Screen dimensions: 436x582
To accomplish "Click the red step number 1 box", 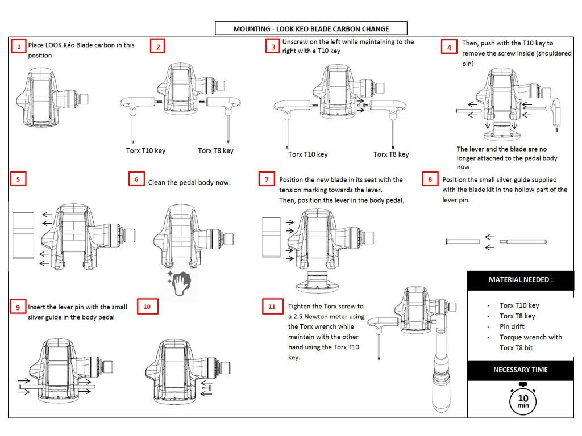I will [x=19, y=47].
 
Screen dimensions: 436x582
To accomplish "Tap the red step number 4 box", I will [x=449, y=48].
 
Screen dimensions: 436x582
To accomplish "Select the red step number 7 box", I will [x=266, y=179].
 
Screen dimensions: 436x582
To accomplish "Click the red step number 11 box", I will [x=272, y=307].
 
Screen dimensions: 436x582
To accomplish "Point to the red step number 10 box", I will [x=147, y=307].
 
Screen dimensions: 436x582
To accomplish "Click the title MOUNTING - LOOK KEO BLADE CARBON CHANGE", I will [x=310, y=28].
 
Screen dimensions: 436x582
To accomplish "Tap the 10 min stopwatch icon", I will [x=523, y=400].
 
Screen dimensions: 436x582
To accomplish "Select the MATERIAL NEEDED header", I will [x=521, y=280].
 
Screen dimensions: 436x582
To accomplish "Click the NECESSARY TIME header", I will [x=521, y=370].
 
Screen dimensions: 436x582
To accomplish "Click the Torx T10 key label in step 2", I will [x=146, y=151].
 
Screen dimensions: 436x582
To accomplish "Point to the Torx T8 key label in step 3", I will [x=391, y=154].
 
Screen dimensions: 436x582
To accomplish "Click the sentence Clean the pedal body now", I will [x=189, y=182].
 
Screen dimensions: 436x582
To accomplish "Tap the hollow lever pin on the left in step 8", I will [x=462, y=242].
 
